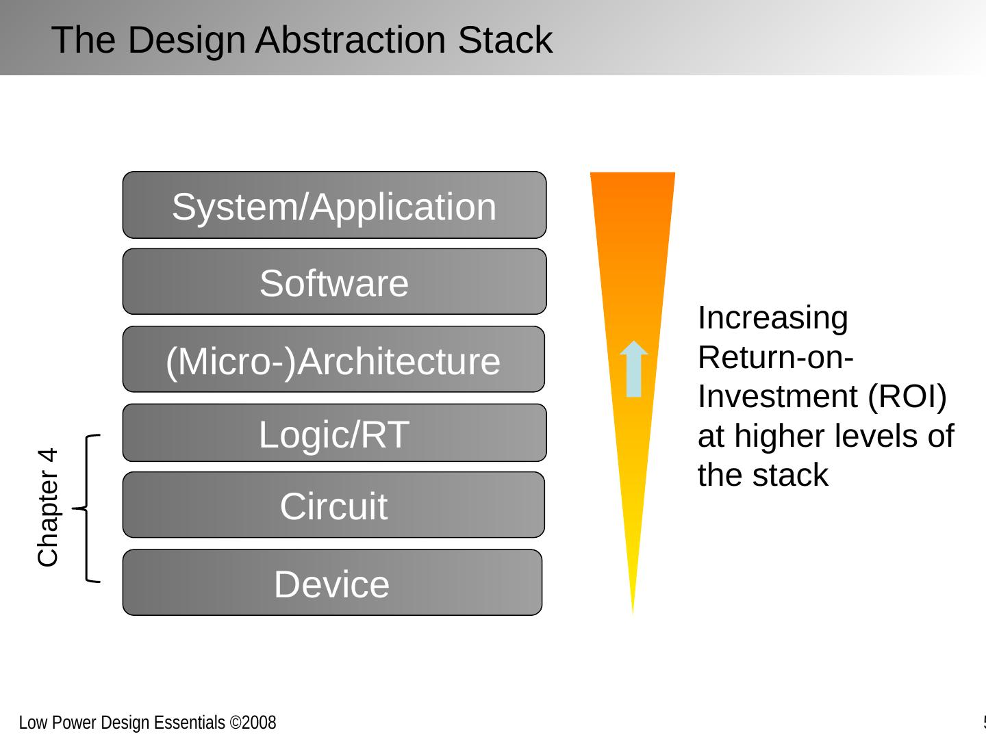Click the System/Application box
(x=334, y=205)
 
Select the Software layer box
(x=334, y=281)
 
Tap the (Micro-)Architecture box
(x=333, y=359)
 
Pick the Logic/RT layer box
(x=334, y=432)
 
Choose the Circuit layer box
(x=333, y=504)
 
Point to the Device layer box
(x=332, y=582)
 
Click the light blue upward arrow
(x=633, y=369)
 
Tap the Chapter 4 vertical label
(x=48, y=508)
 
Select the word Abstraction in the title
(x=351, y=40)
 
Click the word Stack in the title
(x=505, y=40)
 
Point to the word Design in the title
(x=186, y=41)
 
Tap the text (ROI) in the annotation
(x=907, y=397)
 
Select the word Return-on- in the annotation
(x=775, y=357)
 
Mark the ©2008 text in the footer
(x=253, y=723)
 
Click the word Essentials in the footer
(x=189, y=723)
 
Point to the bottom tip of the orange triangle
(x=633, y=614)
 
